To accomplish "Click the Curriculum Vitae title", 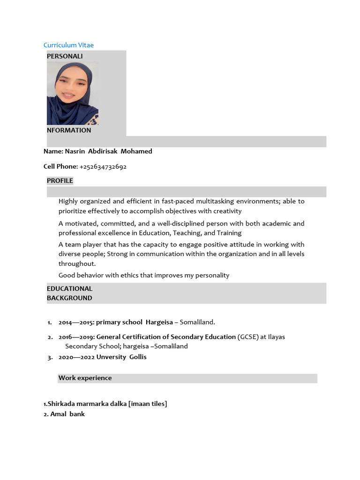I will pos(68,45).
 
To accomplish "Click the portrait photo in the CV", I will pos(73,93).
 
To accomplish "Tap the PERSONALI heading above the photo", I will pos(65,56).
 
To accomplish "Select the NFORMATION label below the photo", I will pos(69,130).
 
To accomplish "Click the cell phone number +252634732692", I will pos(103,166).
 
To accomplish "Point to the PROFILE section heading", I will pos(60,180).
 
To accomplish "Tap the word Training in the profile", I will pos(229,233).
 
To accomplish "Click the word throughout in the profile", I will pos(77,264).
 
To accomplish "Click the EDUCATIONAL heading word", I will pos(69,288).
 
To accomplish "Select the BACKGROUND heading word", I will pos(69,298).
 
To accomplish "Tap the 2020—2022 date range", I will pos(76,357).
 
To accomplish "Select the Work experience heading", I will pos(85,378).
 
